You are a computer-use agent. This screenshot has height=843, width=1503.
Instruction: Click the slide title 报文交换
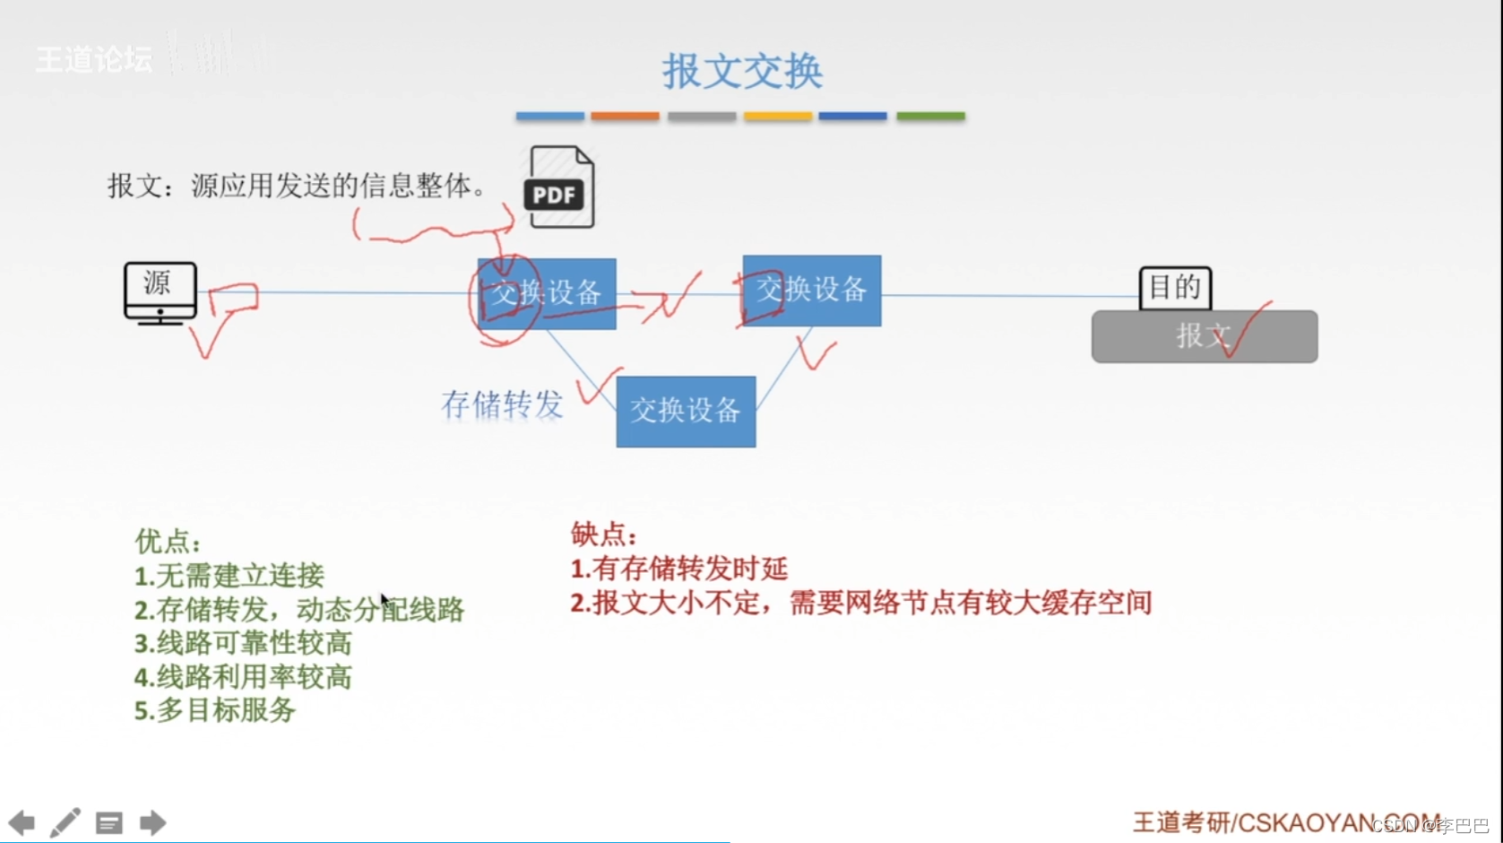[742, 71]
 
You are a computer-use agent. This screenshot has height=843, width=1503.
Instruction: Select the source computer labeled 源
[160, 292]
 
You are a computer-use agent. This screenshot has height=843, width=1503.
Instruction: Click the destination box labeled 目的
[1175, 288]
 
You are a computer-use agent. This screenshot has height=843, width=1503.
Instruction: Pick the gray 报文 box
[1204, 336]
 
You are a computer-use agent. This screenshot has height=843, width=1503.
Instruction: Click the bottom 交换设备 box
[686, 412]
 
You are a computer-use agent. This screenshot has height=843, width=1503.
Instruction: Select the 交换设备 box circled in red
[547, 293]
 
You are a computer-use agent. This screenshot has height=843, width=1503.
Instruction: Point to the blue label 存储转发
[502, 404]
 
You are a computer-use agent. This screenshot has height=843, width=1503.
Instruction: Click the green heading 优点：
[168, 541]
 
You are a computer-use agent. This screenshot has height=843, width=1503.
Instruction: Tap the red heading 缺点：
[603, 534]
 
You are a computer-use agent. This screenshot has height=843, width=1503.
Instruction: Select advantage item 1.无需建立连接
[229, 576]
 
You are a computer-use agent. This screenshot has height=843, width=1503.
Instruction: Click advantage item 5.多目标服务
[215, 710]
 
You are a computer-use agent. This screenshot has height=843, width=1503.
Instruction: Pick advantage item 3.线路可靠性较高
[243, 643]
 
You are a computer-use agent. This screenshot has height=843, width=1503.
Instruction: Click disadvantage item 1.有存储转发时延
[678, 569]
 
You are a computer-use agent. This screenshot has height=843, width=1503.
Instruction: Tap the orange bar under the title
[625, 116]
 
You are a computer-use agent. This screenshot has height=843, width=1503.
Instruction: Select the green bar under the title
[930, 116]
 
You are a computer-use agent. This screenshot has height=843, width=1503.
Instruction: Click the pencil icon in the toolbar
[65, 822]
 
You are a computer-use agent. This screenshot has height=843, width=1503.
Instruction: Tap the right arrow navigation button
[152, 822]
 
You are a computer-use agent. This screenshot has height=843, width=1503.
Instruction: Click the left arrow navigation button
[22, 822]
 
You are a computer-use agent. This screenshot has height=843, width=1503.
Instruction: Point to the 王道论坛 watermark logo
[94, 59]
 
